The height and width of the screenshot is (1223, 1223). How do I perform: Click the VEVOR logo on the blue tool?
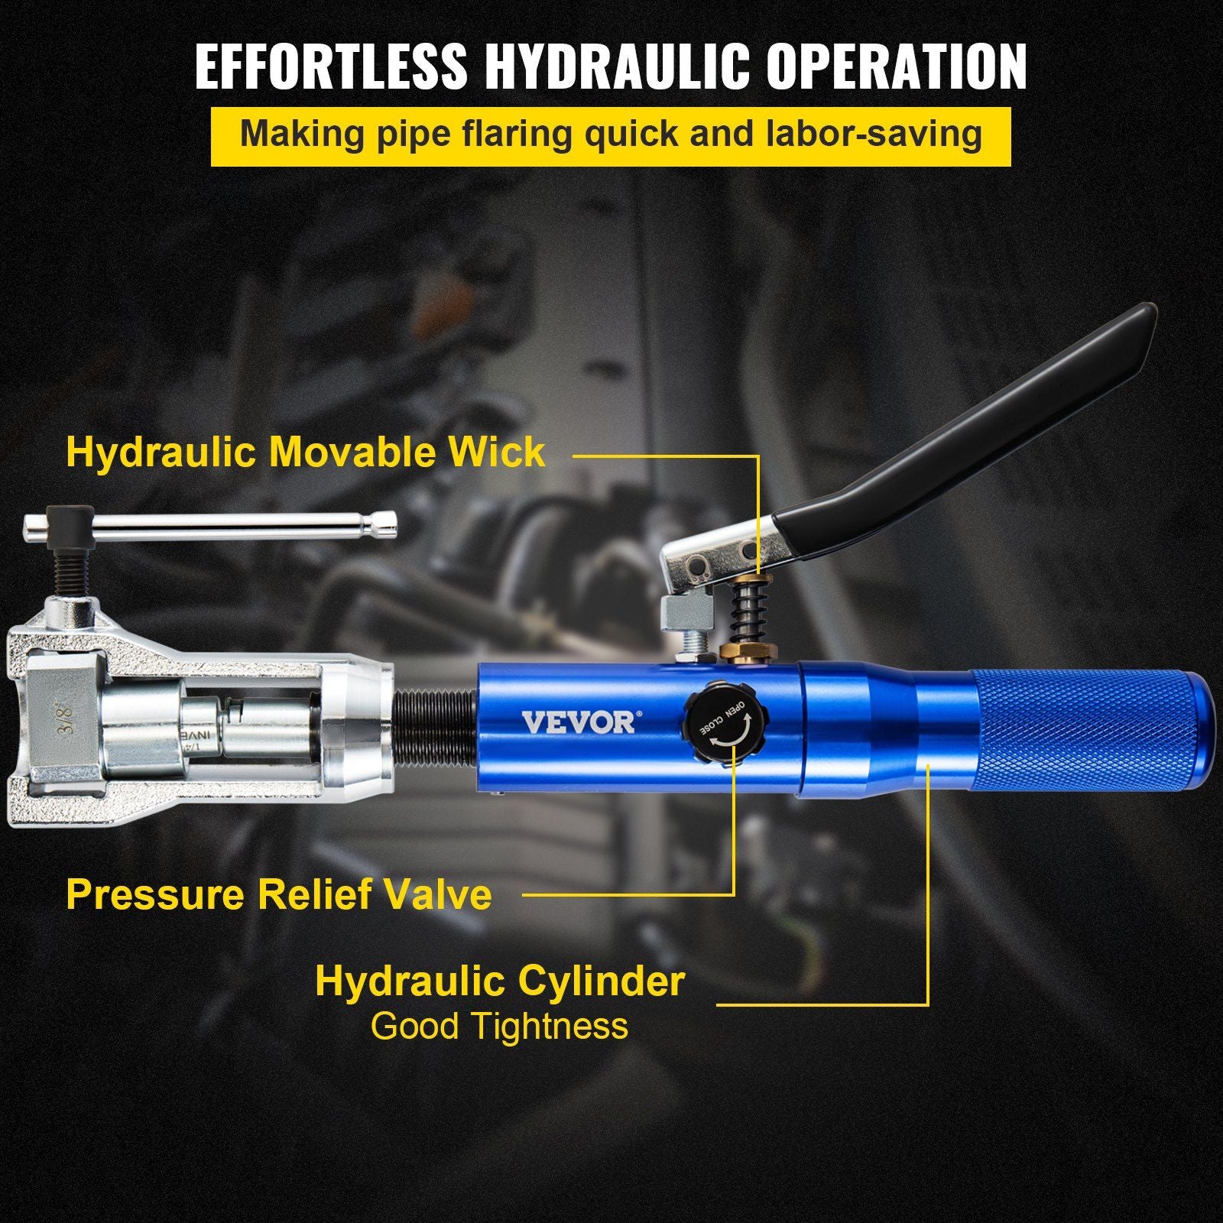[x=578, y=722]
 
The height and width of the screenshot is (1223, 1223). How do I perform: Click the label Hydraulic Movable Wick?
[x=306, y=452]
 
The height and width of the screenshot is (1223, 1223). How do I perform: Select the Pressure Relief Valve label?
[x=278, y=894]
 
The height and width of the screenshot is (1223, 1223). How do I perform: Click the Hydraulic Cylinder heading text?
[x=499, y=981]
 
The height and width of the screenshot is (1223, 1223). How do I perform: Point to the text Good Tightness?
[x=499, y=1026]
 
